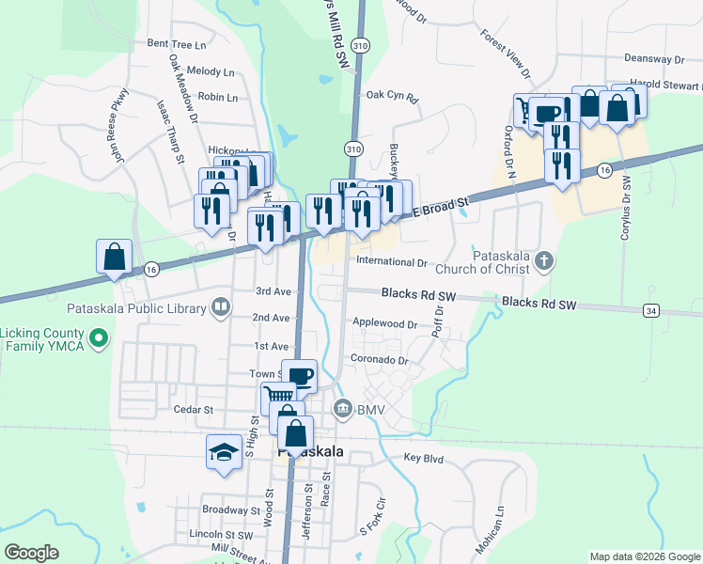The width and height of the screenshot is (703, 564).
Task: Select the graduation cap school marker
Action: (223, 452)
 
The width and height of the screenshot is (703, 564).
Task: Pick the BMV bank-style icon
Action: (342, 408)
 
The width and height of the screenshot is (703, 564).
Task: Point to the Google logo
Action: (32, 553)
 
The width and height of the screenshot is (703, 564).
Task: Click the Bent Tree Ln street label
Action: (176, 44)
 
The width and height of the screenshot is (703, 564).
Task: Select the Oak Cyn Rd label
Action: (391, 95)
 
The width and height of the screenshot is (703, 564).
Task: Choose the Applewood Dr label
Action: (384, 323)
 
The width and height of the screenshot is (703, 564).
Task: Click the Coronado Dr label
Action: (380, 360)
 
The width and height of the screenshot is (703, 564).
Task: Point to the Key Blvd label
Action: (423, 458)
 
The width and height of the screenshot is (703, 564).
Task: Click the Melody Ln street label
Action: (211, 71)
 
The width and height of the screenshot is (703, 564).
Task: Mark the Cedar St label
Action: (195, 410)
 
